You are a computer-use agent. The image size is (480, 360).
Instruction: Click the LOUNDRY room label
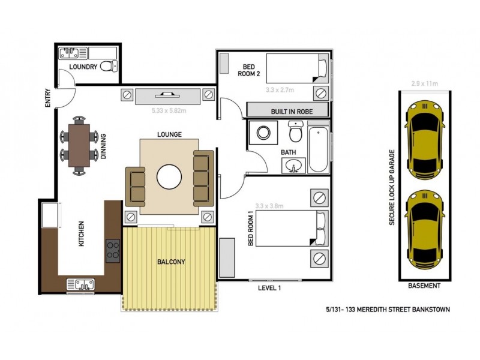pos(83,67)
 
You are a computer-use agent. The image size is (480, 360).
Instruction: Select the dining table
pos(79,145)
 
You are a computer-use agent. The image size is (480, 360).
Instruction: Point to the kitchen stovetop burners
pos(112,251)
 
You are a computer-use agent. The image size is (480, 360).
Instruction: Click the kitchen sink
pos(80,284)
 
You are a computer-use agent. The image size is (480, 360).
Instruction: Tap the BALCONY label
pos(171,262)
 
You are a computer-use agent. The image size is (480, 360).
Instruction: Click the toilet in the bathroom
pos(296,131)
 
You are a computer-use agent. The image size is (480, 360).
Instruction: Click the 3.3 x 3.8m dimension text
pos(269,206)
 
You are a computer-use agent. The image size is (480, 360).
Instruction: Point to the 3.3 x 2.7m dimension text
pos(280,90)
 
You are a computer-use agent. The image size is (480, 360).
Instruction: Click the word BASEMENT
pos(424,286)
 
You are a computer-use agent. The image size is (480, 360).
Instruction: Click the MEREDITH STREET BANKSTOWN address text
pos(385,310)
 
